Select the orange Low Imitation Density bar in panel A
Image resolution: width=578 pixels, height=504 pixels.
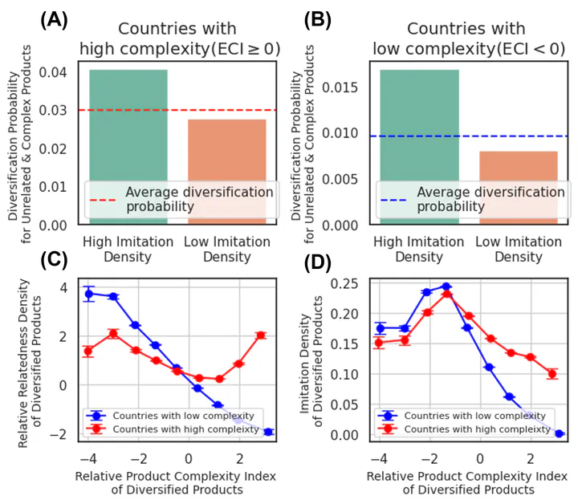click(226, 172)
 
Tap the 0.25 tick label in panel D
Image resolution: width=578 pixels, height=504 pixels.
click(347, 283)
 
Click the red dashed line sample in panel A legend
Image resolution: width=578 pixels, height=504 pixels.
click(104, 200)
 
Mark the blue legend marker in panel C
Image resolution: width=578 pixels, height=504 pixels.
click(97, 416)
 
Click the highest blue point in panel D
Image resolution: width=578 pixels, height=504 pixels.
click(446, 287)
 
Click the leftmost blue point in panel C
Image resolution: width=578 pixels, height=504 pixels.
click(89, 294)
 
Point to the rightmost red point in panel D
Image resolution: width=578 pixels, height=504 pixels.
click(552, 374)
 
